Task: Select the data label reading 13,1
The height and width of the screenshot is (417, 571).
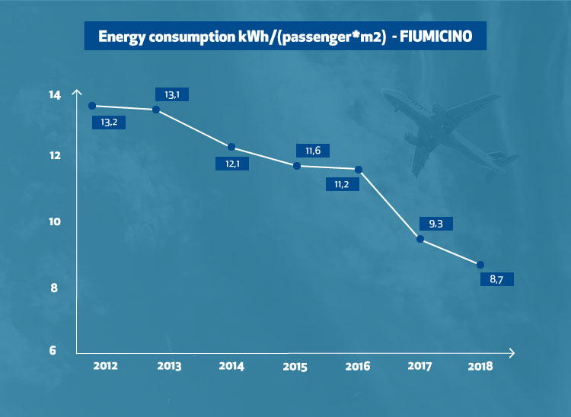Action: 171,94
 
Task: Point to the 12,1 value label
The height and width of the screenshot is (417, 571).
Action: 234,162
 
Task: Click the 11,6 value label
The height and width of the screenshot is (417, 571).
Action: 312,151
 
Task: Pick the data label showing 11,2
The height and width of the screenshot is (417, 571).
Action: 342,183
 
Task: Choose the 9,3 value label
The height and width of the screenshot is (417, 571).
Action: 436,224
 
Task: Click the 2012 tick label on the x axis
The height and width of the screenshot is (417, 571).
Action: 105,366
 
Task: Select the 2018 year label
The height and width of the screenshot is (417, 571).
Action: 480,366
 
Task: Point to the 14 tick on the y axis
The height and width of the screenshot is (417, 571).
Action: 53,95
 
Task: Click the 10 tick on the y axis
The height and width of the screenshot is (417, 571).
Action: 53,222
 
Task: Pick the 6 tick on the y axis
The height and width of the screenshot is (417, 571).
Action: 53,351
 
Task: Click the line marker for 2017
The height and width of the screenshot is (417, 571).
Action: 420,240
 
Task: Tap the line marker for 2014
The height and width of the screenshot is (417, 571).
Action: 231,147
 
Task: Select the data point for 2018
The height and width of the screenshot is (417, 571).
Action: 480,264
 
